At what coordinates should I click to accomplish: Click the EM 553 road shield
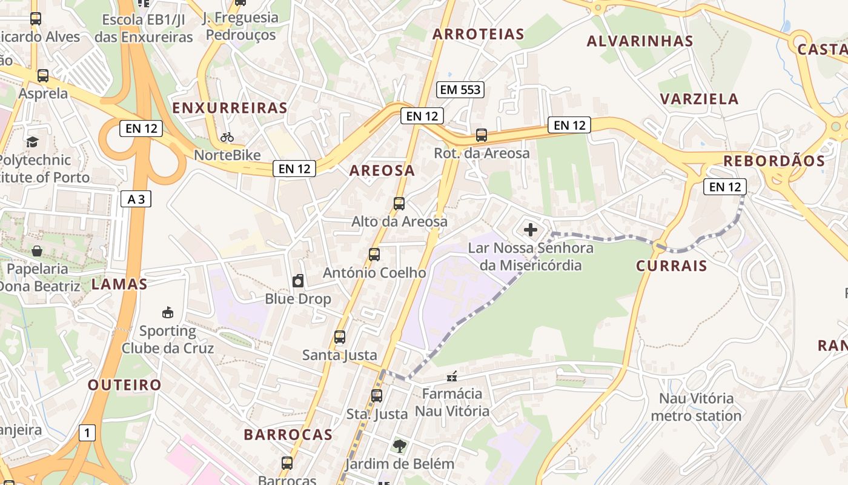tap(460, 90)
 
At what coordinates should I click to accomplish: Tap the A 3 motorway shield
tap(136, 199)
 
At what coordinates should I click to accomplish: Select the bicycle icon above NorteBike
tap(227, 137)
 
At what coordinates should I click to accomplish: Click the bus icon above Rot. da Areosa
tap(482, 135)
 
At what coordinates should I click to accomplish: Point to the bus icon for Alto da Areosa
tap(399, 204)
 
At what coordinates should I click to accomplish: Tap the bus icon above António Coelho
tap(374, 255)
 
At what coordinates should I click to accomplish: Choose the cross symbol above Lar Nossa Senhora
tap(531, 230)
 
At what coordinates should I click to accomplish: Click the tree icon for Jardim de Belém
tap(399, 447)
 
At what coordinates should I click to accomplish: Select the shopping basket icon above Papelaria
tap(37, 251)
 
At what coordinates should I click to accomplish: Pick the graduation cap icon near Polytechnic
tap(32, 142)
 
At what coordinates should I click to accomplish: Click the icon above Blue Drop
tap(298, 281)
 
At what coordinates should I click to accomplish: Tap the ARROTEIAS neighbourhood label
tap(479, 34)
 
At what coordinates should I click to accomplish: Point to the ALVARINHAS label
tap(640, 41)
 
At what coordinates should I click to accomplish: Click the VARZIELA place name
tap(699, 99)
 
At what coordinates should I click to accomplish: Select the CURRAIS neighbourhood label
tap(672, 266)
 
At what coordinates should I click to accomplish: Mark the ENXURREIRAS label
tap(230, 108)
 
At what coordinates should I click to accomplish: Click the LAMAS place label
tap(119, 284)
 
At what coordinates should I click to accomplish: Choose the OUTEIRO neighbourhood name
tap(125, 384)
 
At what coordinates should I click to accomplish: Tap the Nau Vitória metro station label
tap(696, 407)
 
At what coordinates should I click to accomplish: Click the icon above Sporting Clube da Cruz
tap(168, 313)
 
